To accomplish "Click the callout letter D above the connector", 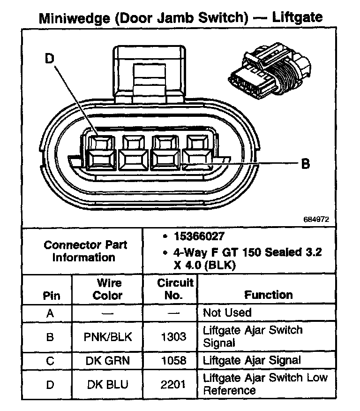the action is pos(50,59).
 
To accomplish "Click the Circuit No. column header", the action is pos(175,289).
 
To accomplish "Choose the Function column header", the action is pos(268,295).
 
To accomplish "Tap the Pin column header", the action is pos(51,296).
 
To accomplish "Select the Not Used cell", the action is pos(227,312).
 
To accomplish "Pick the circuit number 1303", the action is pos(173,336).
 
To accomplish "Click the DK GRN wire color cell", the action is pos(108,360).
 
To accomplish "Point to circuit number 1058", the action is pos(173,360).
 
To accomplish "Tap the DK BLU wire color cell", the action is pos(108,384).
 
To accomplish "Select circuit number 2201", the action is pos(173,384).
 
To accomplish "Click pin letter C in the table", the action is pos(50,360).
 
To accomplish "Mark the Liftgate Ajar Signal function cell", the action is pos(251,360).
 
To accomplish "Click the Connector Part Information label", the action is pos(85,251).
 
